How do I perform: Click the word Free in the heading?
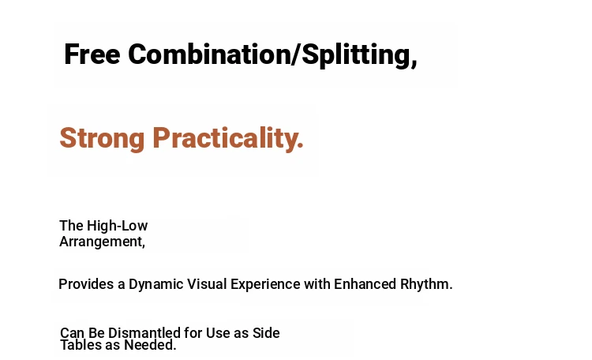[92, 54]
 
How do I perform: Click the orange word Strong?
[102, 139]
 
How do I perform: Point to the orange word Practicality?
[228, 138]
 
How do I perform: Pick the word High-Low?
[117, 226]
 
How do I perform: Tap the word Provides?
[86, 284]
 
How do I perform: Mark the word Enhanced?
[365, 284]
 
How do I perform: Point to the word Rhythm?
[426, 284]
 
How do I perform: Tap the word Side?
[266, 333]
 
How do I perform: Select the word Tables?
[81, 345]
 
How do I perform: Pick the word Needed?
[150, 345]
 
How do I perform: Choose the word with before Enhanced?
[317, 284]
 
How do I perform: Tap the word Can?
[73, 333]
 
